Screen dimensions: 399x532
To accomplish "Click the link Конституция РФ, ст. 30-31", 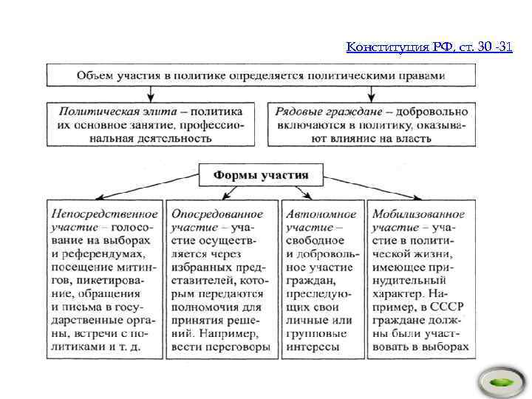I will tap(429, 48).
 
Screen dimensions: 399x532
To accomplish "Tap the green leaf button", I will tap(500, 383).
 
